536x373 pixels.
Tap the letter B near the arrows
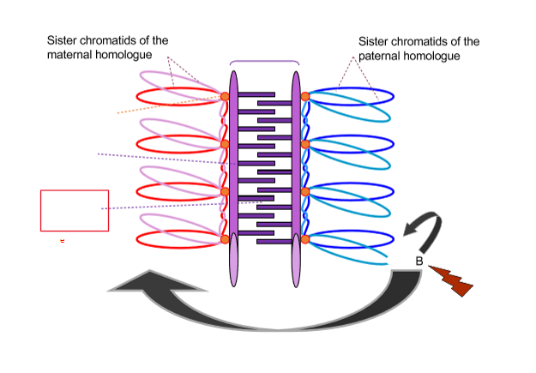[x=419, y=261]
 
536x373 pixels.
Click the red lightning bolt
[x=449, y=280]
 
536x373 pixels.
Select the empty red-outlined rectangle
[x=75, y=210]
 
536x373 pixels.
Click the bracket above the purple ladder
[x=265, y=63]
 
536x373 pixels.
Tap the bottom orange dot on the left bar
[x=225, y=238]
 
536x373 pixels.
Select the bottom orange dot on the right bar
[x=304, y=238]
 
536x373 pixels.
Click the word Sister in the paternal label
[x=374, y=41]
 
